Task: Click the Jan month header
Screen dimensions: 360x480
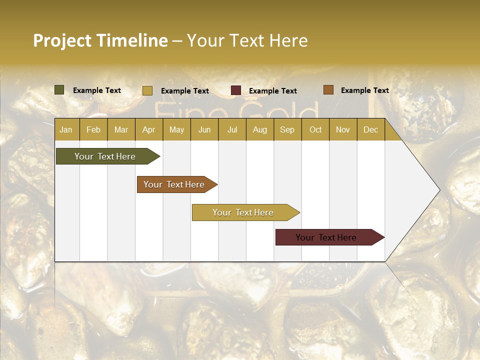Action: (66, 129)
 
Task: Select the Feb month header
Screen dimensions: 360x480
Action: (93, 129)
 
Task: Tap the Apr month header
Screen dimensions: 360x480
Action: (148, 129)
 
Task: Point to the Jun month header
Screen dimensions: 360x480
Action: (204, 129)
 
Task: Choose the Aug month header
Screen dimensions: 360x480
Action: (259, 129)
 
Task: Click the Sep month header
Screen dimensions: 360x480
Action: (287, 129)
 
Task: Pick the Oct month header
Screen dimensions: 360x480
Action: (315, 129)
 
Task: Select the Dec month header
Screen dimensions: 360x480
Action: (370, 129)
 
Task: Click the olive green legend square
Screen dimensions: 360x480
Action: (59, 90)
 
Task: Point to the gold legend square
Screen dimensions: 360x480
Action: (147, 90)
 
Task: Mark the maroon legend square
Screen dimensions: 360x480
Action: (236, 90)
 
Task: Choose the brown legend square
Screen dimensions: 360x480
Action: (328, 90)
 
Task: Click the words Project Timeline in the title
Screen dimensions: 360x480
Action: (100, 40)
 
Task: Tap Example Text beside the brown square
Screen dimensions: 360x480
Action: (364, 90)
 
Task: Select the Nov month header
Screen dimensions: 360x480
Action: (343, 129)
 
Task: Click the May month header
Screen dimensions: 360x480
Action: (176, 129)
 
